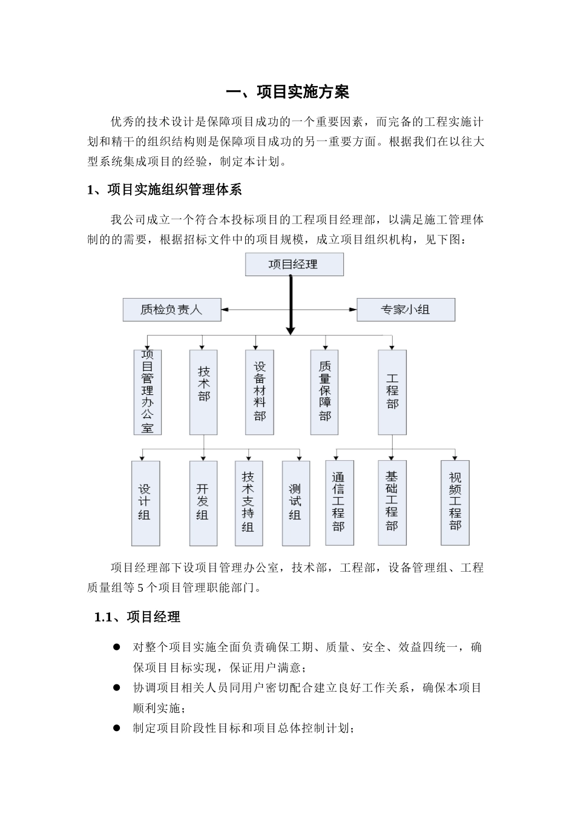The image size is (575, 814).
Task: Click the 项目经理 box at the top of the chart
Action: pyautogui.click(x=294, y=265)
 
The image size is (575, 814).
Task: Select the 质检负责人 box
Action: pyautogui.click(x=172, y=309)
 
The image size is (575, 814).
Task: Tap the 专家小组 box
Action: pyautogui.click(x=405, y=309)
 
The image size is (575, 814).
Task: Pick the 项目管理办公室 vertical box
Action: pyautogui.click(x=147, y=392)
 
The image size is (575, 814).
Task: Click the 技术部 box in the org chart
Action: pyautogui.click(x=203, y=392)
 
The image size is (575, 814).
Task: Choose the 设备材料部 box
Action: pyautogui.click(x=260, y=392)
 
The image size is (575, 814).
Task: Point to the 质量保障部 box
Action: pyautogui.click(x=324, y=392)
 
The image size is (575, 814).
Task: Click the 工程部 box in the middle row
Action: pyautogui.click(x=392, y=392)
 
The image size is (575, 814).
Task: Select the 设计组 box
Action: pyautogui.click(x=145, y=503)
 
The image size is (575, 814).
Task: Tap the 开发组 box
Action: pyautogui.click(x=203, y=503)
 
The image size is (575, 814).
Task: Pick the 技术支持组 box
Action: pyautogui.click(x=248, y=503)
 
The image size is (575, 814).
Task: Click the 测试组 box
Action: pyautogui.click(x=295, y=503)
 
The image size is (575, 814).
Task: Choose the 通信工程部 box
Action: pyautogui.click(x=339, y=503)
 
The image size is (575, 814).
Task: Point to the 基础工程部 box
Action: pyautogui.click(x=392, y=503)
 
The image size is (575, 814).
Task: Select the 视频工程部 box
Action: pyautogui.click(x=455, y=503)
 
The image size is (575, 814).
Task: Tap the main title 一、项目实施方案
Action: pyautogui.click(x=287, y=92)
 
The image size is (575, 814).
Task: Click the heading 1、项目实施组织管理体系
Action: pyautogui.click(x=165, y=190)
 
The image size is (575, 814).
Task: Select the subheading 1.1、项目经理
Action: pyautogui.click(x=137, y=617)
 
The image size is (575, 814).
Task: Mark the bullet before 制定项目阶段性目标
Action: pyautogui.click(x=117, y=727)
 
